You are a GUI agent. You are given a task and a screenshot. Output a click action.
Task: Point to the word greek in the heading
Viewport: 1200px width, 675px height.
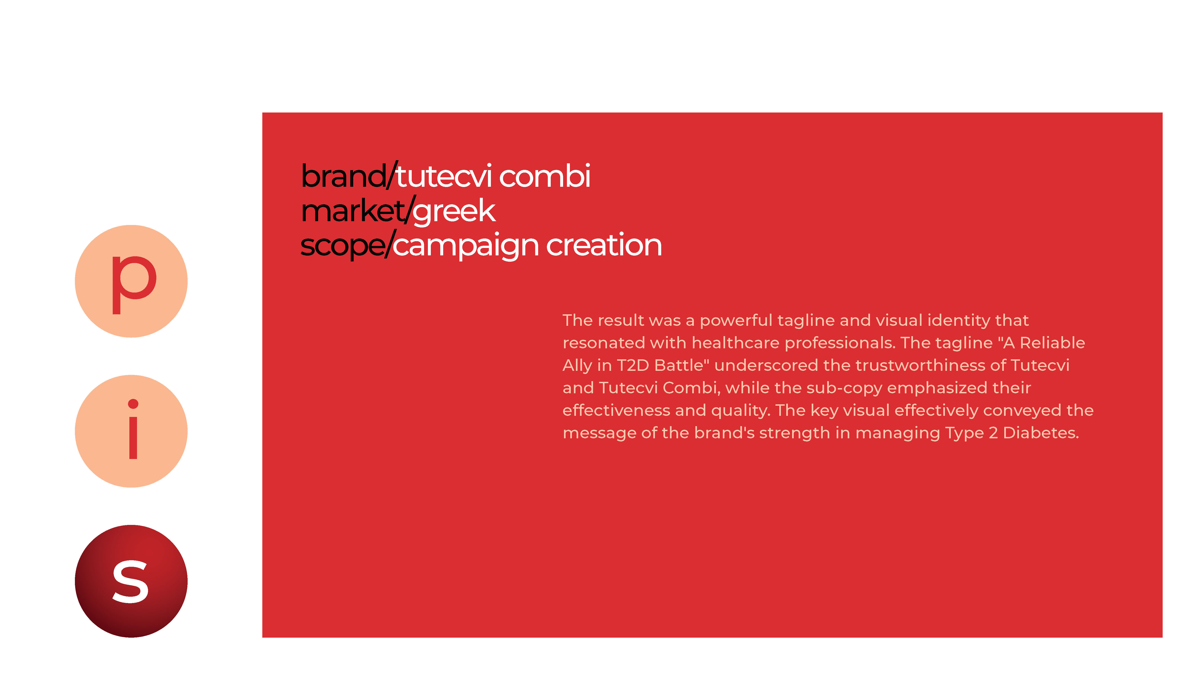coord(454,211)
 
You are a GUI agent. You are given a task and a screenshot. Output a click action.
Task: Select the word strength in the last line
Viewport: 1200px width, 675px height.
coord(794,433)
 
